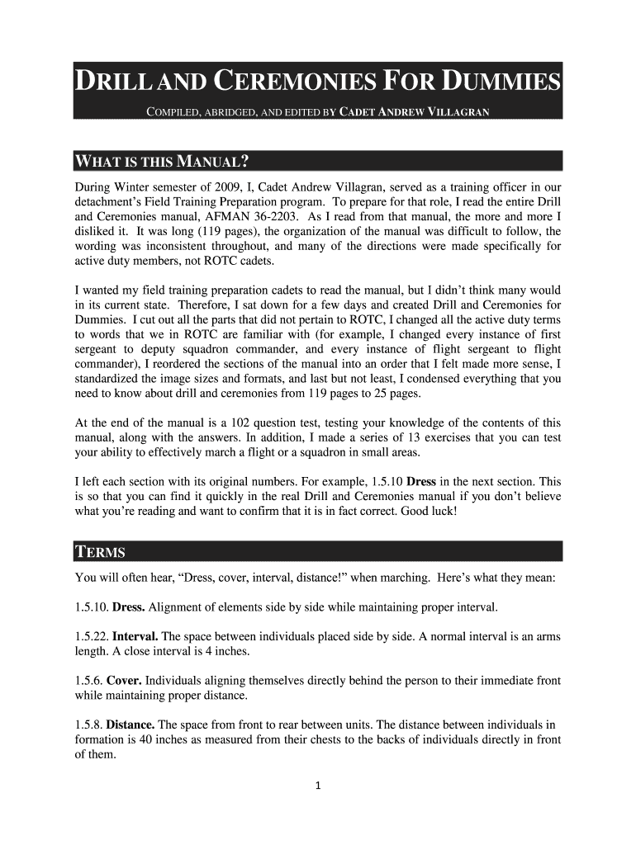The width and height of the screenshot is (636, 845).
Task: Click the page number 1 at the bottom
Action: click(x=318, y=785)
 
